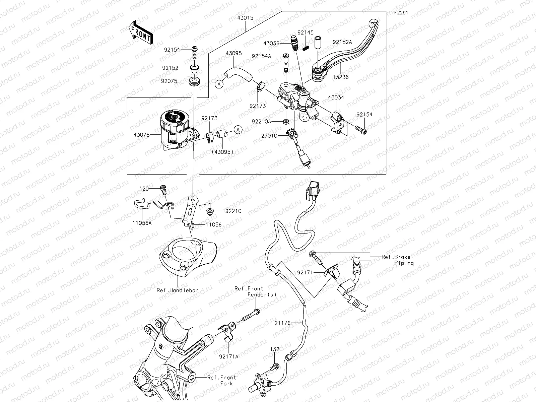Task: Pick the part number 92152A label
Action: (x=342, y=42)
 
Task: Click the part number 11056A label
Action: (x=142, y=222)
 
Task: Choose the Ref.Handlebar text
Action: (x=178, y=290)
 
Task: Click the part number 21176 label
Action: (x=282, y=323)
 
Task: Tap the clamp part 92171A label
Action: (x=229, y=357)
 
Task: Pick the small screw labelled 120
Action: (x=164, y=190)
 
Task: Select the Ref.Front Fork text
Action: (x=222, y=380)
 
